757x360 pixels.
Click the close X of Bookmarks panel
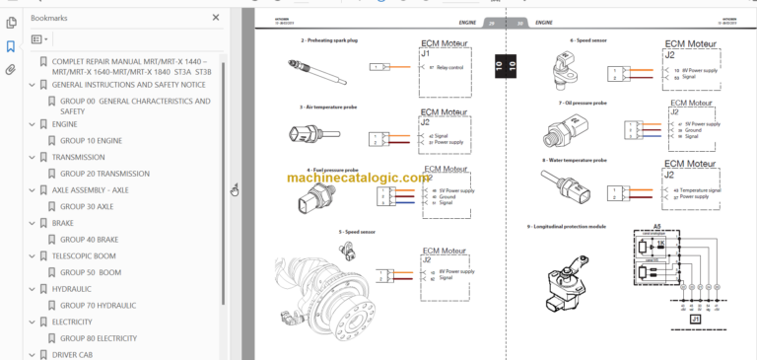pyautogui.click(x=216, y=18)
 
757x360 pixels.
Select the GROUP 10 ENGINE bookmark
pyautogui.click(x=91, y=141)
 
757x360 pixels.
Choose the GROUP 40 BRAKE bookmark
pyautogui.click(x=89, y=239)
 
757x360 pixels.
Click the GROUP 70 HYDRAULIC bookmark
pyautogui.click(x=98, y=305)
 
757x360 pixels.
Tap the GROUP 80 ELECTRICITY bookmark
pyautogui.click(x=99, y=338)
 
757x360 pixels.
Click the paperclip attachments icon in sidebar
pyautogui.click(x=10, y=70)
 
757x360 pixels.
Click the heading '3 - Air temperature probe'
pyautogui.click(x=329, y=106)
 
